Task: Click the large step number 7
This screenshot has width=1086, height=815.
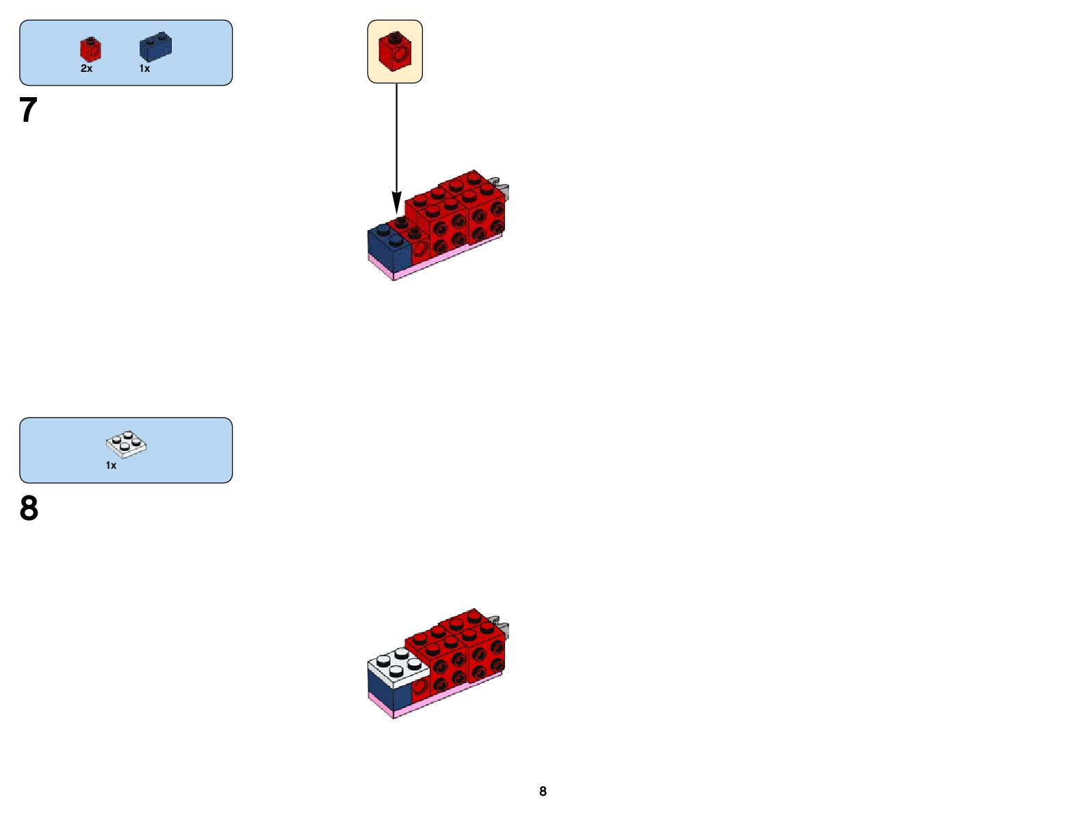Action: click(28, 109)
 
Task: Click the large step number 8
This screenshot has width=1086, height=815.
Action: click(29, 508)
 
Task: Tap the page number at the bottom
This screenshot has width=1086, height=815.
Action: click(543, 792)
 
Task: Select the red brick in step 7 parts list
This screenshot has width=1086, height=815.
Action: click(90, 49)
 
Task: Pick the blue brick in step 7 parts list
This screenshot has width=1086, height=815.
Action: click(155, 47)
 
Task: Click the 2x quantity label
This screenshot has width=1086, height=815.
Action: click(86, 68)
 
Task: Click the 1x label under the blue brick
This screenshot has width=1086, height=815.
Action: click(144, 68)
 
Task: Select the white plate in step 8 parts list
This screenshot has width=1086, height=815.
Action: click(127, 444)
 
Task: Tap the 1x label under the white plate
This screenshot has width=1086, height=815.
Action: click(111, 465)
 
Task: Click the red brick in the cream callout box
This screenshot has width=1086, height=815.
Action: click(395, 51)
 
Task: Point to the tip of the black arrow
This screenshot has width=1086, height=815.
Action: click(396, 211)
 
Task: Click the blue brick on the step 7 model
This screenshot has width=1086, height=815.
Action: click(388, 246)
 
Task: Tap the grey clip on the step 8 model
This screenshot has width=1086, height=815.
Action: click(503, 624)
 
